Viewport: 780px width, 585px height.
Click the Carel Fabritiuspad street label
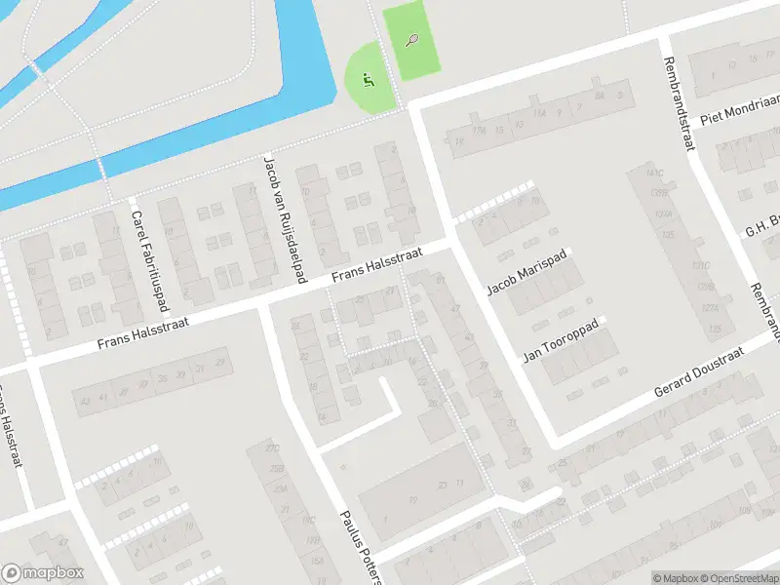[x=150, y=257]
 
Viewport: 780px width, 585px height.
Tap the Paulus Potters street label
[x=357, y=546]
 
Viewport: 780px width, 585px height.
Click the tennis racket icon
[x=412, y=40]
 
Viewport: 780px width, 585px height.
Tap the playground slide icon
[x=368, y=78]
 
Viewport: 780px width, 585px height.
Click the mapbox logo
[x=43, y=573]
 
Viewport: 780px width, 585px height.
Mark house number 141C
[x=653, y=174]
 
